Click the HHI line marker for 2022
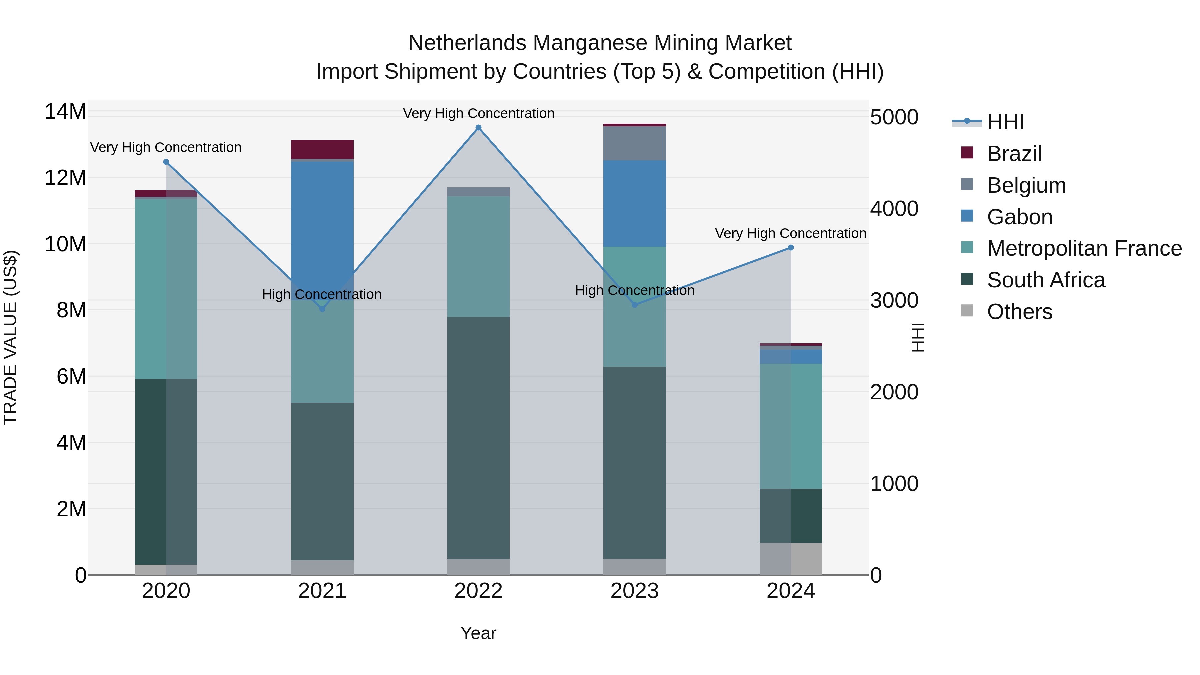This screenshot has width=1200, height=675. tap(478, 128)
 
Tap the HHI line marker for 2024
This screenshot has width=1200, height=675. tap(791, 248)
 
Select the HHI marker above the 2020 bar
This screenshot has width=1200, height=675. tap(166, 162)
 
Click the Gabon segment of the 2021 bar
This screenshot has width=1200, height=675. tap(322, 224)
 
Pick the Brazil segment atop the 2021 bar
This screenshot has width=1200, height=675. tap(322, 149)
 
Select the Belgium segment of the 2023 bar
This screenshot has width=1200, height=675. tap(634, 143)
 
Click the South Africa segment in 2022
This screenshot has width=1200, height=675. tap(478, 438)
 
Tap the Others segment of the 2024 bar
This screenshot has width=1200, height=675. tap(791, 559)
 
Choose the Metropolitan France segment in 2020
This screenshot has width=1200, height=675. tap(166, 289)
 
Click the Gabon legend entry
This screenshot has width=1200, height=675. tap(1019, 217)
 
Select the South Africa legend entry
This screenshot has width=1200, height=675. tap(1045, 280)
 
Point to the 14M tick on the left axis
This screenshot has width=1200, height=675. tap(65, 112)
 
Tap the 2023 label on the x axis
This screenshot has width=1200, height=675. tap(634, 591)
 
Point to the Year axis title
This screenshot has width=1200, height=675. tap(478, 633)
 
